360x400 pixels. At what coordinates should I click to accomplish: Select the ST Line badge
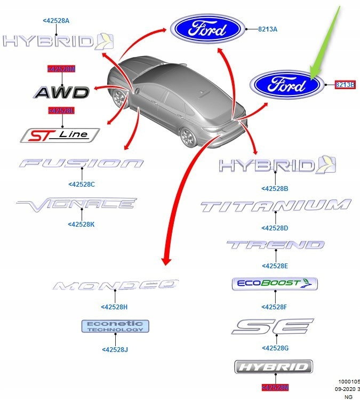[x=60, y=135]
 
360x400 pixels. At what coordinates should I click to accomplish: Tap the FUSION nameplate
[x=81, y=163]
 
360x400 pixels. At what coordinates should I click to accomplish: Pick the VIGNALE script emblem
[x=77, y=203]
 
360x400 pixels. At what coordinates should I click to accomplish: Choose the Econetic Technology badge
[x=115, y=326]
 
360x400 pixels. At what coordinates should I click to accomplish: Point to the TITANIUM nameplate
[x=276, y=206]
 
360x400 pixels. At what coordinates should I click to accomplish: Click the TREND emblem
[x=275, y=245]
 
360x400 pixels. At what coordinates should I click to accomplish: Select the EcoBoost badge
[x=275, y=284]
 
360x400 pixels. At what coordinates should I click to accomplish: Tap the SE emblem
[x=273, y=326]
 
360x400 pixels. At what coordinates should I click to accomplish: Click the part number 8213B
[x=345, y=84]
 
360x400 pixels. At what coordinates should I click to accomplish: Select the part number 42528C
[x=82, y=185]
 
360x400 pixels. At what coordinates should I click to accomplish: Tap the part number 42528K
[x=81, y=225]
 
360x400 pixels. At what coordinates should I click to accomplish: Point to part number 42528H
[x=114, y=307]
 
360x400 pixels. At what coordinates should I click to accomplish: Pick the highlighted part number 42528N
[x=275, y=388]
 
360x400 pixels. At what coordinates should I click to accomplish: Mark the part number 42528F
[x=275, y=307]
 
